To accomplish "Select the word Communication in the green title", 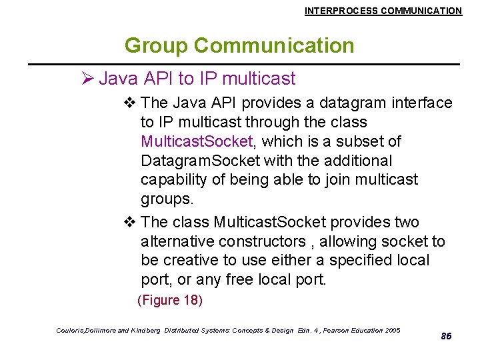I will coord(274,45).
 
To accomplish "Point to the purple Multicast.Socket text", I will coord(197,141).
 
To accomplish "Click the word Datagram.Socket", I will coord(200,161).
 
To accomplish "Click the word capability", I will coord(172,180).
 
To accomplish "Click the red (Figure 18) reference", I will coord(169,300).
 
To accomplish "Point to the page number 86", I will coord(446,336).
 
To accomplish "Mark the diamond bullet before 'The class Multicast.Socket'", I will coord(130,222).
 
